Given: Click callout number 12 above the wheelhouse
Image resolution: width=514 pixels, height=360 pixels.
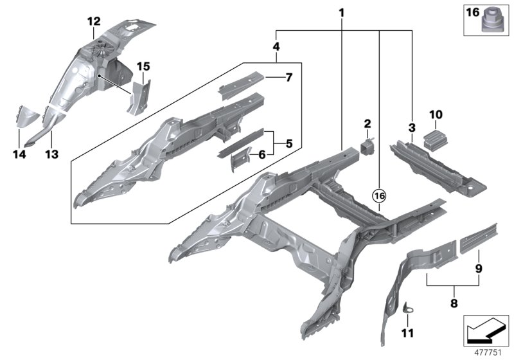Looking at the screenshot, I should pyautogui.click(x=94, y=22).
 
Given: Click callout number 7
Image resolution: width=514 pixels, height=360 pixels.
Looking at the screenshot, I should pyautogui.click(x=288, y=78).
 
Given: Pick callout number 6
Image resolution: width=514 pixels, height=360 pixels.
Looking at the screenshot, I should pyautogui.click(x=262, y=154).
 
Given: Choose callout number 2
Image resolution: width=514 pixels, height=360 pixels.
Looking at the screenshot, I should pyautogui.click(x=368, y=123).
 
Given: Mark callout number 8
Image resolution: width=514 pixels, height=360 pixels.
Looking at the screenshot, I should pyautogui.click(x=454, y=302).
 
